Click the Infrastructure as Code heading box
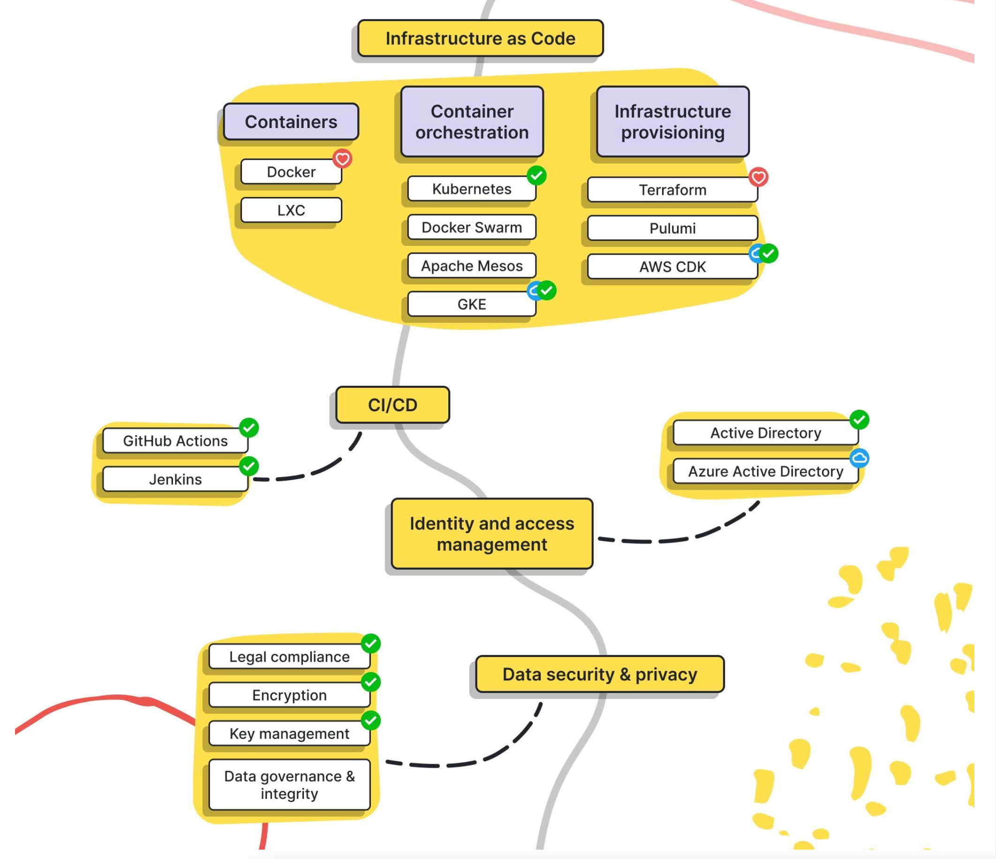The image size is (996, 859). (480, 38)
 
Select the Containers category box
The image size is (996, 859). (291, 122)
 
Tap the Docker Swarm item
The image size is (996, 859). (472, 227)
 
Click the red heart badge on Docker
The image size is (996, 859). (342, 158)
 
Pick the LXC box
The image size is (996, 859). (291, 210)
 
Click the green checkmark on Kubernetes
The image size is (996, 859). (536, 176)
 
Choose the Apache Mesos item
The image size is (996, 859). (472, 266)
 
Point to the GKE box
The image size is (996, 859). (472, 304)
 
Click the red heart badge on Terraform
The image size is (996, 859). (759, 177)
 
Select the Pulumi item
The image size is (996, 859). (672, 228)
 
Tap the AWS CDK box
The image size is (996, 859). (672, 267)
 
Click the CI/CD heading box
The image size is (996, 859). (392, 405)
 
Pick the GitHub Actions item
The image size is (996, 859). (175, 441)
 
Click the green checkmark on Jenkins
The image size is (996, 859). (249, 466)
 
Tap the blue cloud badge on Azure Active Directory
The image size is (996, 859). (860, 458)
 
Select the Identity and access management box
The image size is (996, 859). (492, 534)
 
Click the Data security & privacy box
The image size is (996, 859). (599, 674)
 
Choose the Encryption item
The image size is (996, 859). (289, 695)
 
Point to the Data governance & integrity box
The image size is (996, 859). (289, 785)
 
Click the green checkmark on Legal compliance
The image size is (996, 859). (371, 644)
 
